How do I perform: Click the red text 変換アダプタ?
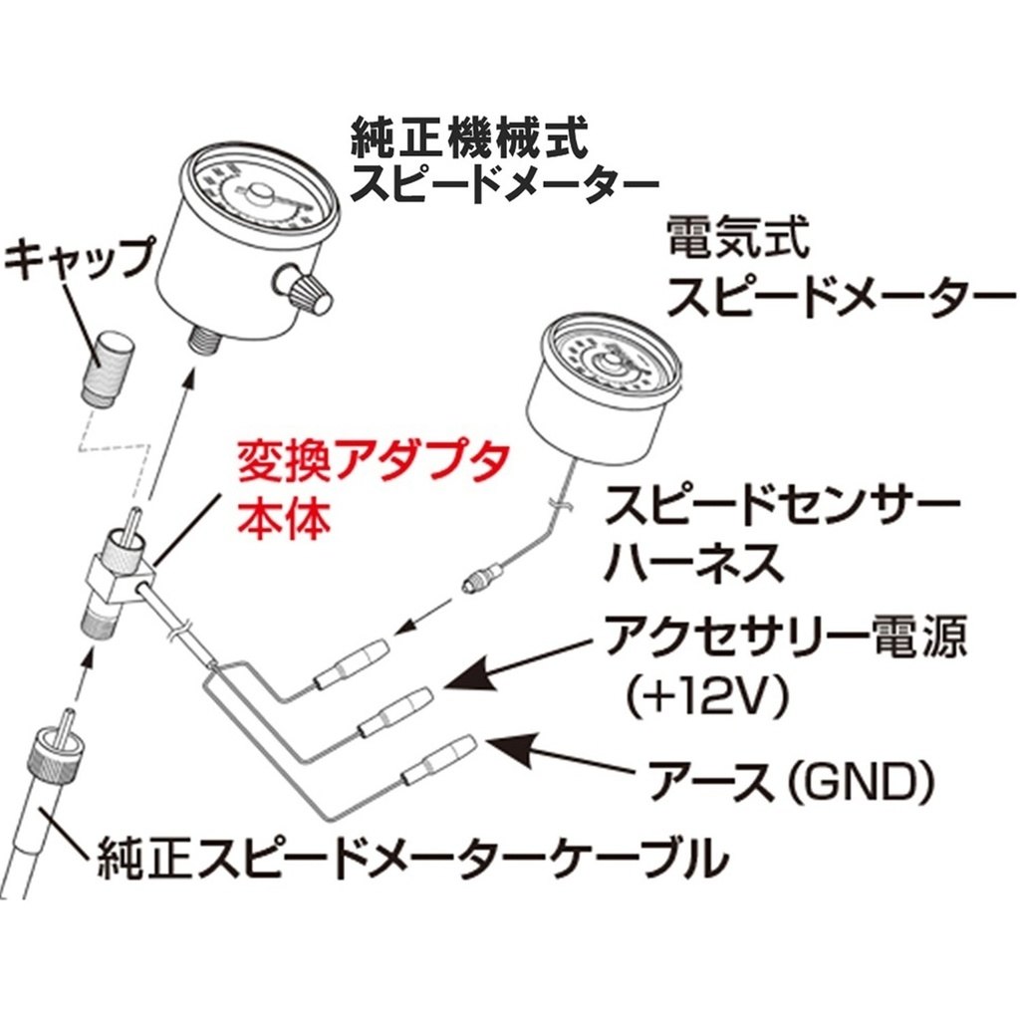pos(372,464)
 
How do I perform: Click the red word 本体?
pos(284,518)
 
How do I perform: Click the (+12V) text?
pos(706,694)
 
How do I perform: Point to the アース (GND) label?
pos(791,781)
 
